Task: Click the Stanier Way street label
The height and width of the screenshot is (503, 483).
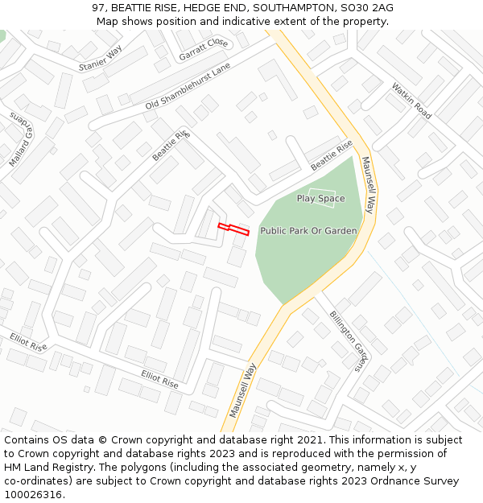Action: [x=100, y=58]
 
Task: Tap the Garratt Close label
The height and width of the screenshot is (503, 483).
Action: [x=204, y=49]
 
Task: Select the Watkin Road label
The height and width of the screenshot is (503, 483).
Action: [x=411, y=101]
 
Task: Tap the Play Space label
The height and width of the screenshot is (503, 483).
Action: [x=320, y=199]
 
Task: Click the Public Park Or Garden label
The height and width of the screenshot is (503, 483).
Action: [x=308, y=231]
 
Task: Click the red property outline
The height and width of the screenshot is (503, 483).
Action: [x=233, y=229]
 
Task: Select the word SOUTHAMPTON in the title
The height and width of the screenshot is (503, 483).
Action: [x=287, y=8]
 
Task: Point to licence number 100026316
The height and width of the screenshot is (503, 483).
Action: [x=33, y=495]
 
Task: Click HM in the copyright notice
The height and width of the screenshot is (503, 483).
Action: [x=13, y=468]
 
